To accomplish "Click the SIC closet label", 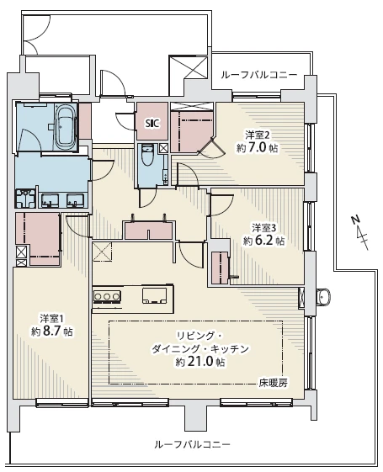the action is click(x=152, y=123).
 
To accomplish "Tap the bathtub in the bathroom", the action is click(x=66, y=126).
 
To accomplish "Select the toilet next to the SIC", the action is click(x=147, y=155).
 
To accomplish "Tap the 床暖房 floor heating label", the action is click(x=273, y=384).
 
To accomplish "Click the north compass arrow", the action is click(x=361, y=233).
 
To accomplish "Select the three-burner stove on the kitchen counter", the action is click(x=107, y=296).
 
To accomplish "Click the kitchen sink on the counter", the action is click(x=154, y=295).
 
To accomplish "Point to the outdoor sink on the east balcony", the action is click(x=324, y=296).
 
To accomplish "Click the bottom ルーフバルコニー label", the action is click(x=192, y=444).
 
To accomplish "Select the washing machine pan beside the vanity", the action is click(x=25, y=198).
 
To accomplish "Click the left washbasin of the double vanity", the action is click(x=50, y=200).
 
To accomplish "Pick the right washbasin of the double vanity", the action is click(x=76, y=200).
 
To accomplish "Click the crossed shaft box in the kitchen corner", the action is click(x=102, y=252).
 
